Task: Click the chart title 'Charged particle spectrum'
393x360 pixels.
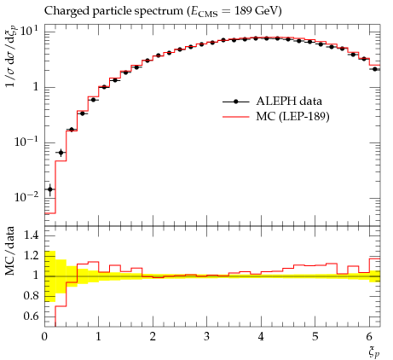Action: click(113, 11)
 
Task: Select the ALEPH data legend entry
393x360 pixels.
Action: click(272, 102)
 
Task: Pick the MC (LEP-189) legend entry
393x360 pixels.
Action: click(275, 116)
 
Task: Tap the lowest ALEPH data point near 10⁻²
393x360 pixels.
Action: click(50, 189)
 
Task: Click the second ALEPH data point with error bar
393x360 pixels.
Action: click(61, 153)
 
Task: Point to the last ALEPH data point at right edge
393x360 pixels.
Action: click(375, 69)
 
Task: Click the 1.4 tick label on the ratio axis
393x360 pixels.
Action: click(31, 235)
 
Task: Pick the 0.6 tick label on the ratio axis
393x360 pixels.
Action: click(31, 316)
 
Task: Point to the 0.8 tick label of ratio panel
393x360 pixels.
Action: click(31, 296)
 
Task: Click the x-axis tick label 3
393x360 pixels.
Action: click(206, 337)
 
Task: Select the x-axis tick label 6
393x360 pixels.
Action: click(369, 337)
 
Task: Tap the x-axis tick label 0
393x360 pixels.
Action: click(44, 337)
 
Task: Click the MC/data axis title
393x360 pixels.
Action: click(10, 251)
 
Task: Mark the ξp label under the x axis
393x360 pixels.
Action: click(374, 352)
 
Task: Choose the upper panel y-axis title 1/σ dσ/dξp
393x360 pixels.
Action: click(11, 56)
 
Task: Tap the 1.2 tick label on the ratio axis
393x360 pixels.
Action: click(31, 255)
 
